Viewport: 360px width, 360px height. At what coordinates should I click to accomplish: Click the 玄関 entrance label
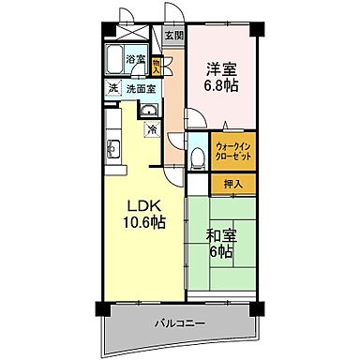[174, 37]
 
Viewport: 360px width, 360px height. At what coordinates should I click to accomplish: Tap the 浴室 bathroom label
[137, 60]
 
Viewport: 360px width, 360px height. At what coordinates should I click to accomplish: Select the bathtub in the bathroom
[117, 58]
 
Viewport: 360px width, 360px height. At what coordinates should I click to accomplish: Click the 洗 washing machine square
[112, 89]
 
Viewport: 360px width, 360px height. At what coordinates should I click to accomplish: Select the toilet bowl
[196, 159]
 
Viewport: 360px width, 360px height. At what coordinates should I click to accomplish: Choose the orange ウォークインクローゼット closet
[231, 151]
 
